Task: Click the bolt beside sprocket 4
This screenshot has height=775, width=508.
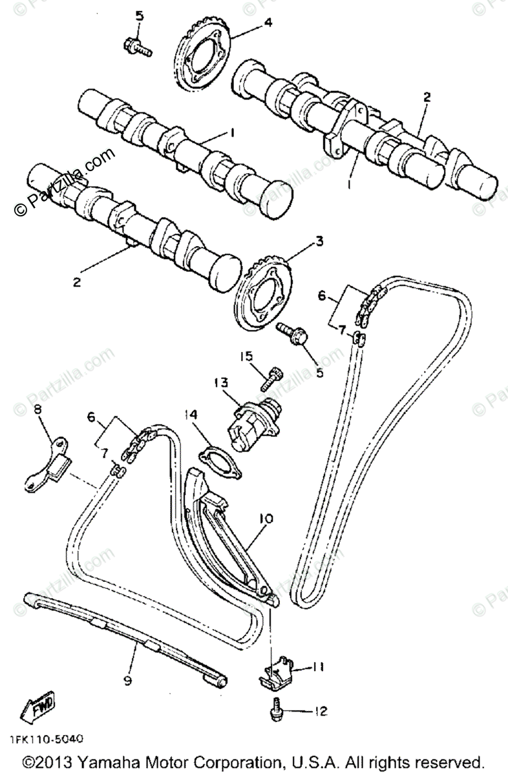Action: click(136, 46)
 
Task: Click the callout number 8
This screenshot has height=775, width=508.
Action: click(37, 409)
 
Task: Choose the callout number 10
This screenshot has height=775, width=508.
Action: click(267, 519)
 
